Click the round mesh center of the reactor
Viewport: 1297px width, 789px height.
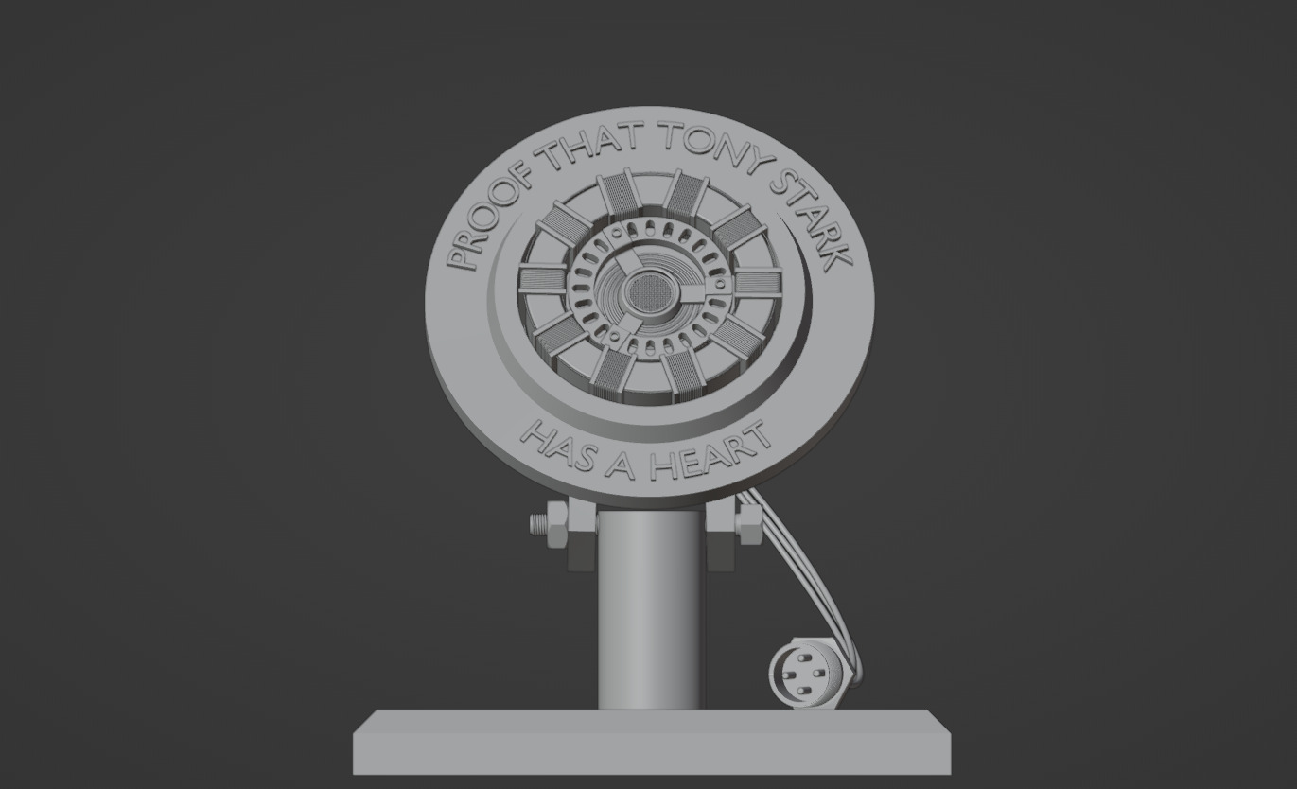point(649,289)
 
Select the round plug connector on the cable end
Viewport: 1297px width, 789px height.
point(805,675)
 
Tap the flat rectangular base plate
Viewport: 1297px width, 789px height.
point(651,743)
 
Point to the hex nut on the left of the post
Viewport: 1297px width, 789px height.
point(557,523)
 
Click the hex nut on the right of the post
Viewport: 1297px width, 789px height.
point(748,519)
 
